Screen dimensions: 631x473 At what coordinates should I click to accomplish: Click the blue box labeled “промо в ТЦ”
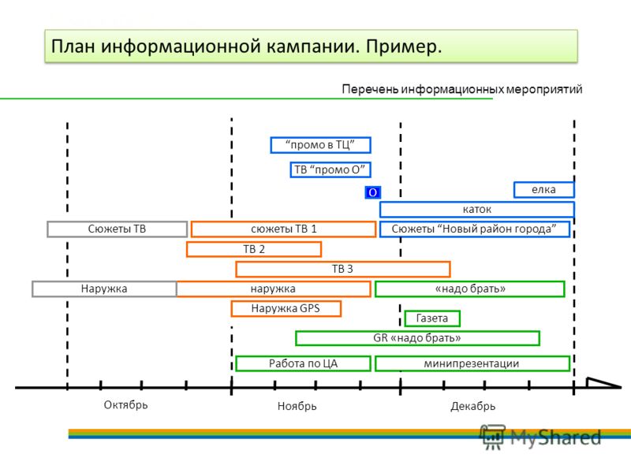coord(320,145)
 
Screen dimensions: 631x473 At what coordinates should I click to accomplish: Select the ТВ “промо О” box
coord(330,169)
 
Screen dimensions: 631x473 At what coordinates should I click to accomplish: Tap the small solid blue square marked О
coord(372,192)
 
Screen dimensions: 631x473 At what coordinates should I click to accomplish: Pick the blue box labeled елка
coord(544,189)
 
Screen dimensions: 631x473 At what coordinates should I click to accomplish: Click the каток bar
coord(477,209)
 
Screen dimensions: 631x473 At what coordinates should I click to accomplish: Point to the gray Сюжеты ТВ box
coord(117,229)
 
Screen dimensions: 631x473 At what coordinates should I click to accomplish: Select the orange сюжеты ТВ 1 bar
coord(284,229)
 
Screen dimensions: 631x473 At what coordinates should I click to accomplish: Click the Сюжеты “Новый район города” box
coord(475,229)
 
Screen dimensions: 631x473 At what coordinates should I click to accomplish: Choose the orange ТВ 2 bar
coord(254,249)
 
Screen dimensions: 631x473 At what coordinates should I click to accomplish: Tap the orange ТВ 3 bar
coord(343,269)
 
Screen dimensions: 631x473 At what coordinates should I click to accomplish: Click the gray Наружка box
coord(104,289)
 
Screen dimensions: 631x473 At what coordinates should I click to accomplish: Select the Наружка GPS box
coord(286,308)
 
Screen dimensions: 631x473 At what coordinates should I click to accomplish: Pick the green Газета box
coord(432,318)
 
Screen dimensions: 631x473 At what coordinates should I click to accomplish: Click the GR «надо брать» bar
coord(417,338)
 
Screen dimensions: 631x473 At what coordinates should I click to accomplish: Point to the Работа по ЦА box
coord(303,363)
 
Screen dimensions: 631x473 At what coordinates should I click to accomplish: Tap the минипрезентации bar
coord(472,363)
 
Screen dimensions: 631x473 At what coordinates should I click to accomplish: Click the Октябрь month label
coord(126,404)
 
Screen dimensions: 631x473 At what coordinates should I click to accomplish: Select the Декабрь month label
coord(472,406)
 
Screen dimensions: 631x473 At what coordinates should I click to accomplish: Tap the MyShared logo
coord(540,437)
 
